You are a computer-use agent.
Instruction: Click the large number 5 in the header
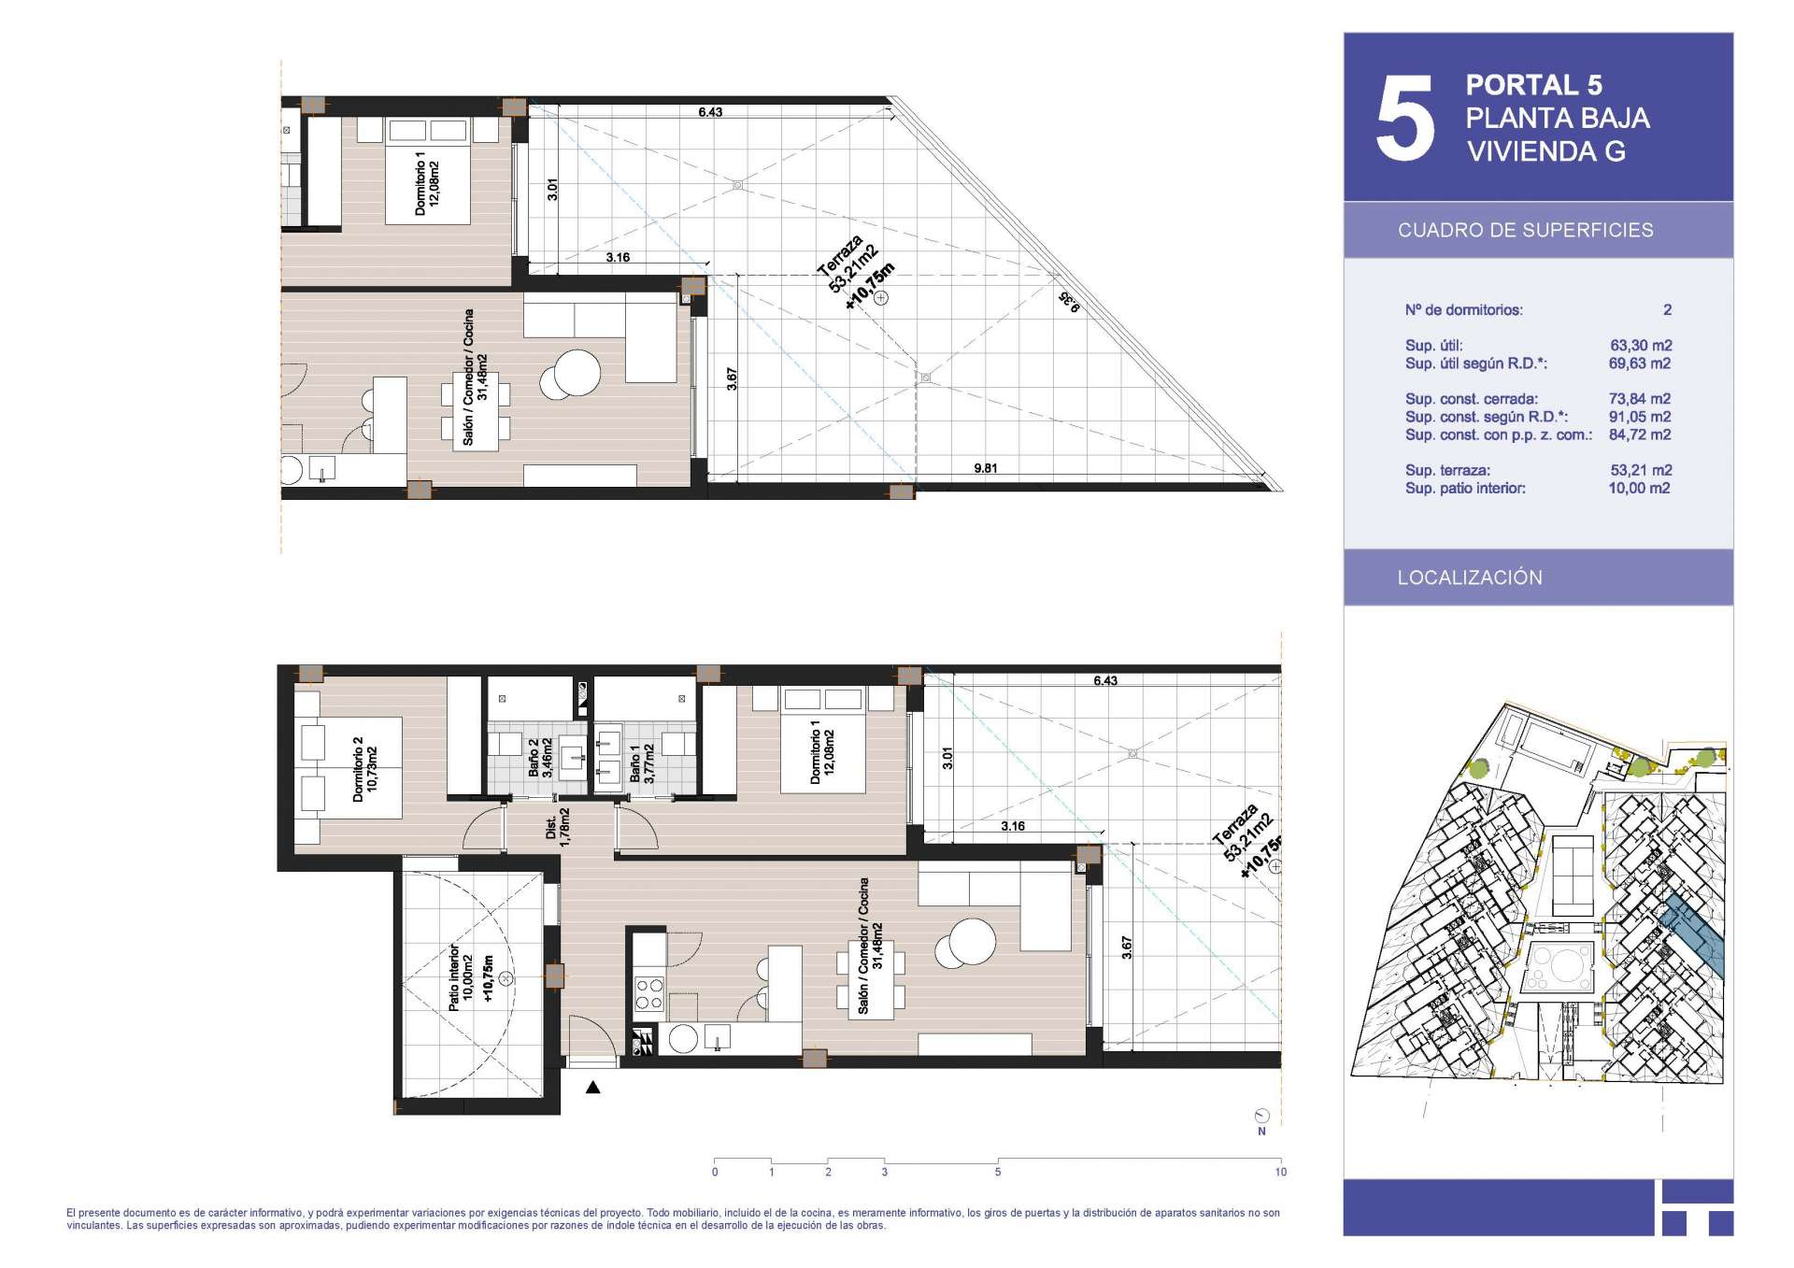click(x=1404, y=117)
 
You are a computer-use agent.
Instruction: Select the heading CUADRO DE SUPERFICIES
click(x=1525, y=230)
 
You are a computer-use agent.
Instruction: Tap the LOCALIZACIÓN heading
click(x=1470, y=577)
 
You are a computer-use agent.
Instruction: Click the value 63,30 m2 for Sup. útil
click(x=1641, y=346)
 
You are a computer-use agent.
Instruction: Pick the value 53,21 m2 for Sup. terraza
click(x=1641, y=471)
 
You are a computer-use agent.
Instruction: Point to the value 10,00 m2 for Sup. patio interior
click(x=1639, y=489)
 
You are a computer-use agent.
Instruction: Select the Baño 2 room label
click(x=540, y=758)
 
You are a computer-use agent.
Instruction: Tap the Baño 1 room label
click(x=642, y=762)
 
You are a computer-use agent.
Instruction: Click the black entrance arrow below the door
click(x=592, y=1087)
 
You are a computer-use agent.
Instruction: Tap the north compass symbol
click(x=1262, y=1118)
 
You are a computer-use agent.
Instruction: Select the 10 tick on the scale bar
click(x=1280, y=1172)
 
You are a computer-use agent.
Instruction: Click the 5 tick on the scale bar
click(x=998, y=1172)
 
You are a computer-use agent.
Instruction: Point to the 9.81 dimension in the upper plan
click(x=985, y=468)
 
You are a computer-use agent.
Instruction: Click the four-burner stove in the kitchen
click(x=649, y=993)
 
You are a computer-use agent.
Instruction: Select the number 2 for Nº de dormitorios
click(x=1667, y=310)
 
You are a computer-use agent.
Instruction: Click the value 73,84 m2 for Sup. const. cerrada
click(x=1640, y=399)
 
